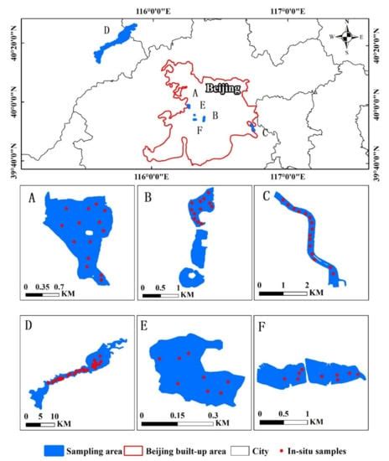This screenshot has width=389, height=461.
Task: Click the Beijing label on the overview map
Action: pos(222,87)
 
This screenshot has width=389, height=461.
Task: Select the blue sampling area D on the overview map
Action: pos(115,42)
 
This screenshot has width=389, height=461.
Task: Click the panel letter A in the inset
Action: pos(31,199)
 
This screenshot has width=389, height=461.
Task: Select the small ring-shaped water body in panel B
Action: pos(195,279)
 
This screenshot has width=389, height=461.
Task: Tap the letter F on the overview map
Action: pos(199,130)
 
